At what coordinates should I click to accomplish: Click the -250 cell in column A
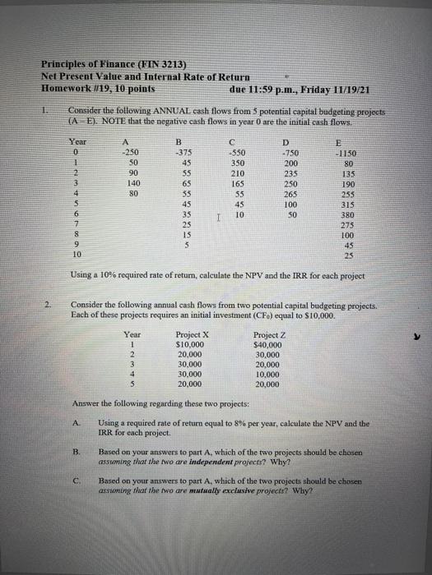[128, 151]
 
